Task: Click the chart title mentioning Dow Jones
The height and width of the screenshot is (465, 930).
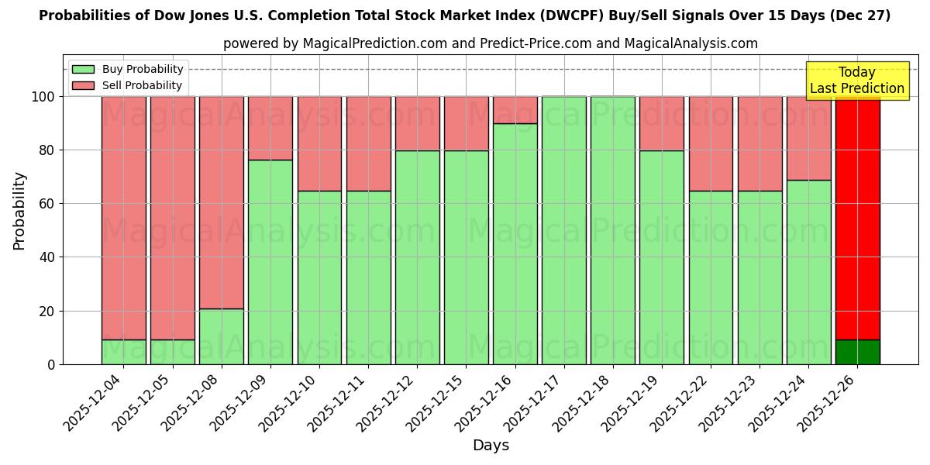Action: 464,15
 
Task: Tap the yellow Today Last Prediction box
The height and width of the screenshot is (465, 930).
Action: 856,81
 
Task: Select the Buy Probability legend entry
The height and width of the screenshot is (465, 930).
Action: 128,69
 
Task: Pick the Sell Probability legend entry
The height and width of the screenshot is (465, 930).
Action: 128,85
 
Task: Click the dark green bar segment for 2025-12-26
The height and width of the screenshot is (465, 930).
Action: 857,352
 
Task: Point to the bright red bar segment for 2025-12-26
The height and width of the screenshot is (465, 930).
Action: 857,217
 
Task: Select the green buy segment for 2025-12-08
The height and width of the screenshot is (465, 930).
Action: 222,336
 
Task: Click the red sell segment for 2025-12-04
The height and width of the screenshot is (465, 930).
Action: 123,217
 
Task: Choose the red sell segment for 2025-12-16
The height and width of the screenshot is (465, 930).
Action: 515,110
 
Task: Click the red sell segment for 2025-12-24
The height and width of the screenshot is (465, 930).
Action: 808,138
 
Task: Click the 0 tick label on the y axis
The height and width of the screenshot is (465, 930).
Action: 51,364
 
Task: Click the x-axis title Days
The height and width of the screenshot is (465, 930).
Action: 491,446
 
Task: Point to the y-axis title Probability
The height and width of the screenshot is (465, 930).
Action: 19,211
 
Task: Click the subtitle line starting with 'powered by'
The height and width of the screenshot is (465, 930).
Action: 491,43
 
